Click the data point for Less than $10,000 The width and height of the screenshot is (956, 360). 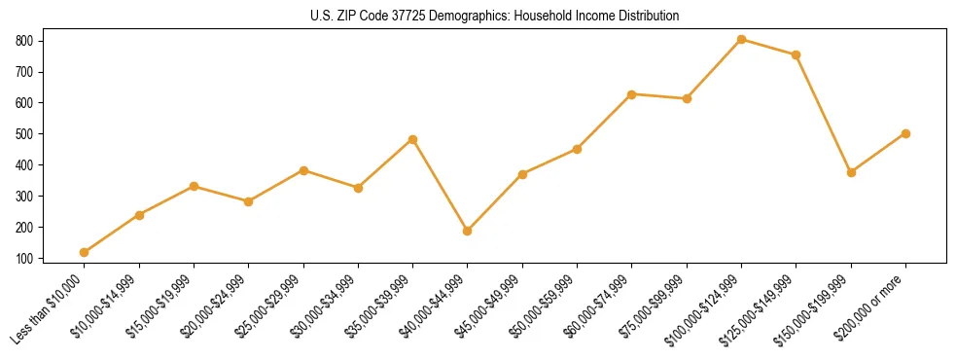click(85, 252)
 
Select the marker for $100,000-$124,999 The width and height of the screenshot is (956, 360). click(741, 39)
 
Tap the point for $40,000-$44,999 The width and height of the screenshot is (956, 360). click(468, 231)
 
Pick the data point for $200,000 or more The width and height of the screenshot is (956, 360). click(905, 133)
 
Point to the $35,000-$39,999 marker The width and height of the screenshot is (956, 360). click(412, 139)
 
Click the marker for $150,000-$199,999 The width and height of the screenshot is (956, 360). click(851, 172)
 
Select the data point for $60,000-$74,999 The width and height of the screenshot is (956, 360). click(632, 94)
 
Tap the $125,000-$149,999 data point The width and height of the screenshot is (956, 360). click(796, 54)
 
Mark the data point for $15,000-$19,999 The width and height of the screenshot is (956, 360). click(194, 186)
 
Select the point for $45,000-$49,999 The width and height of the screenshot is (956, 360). click(522, 174)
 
